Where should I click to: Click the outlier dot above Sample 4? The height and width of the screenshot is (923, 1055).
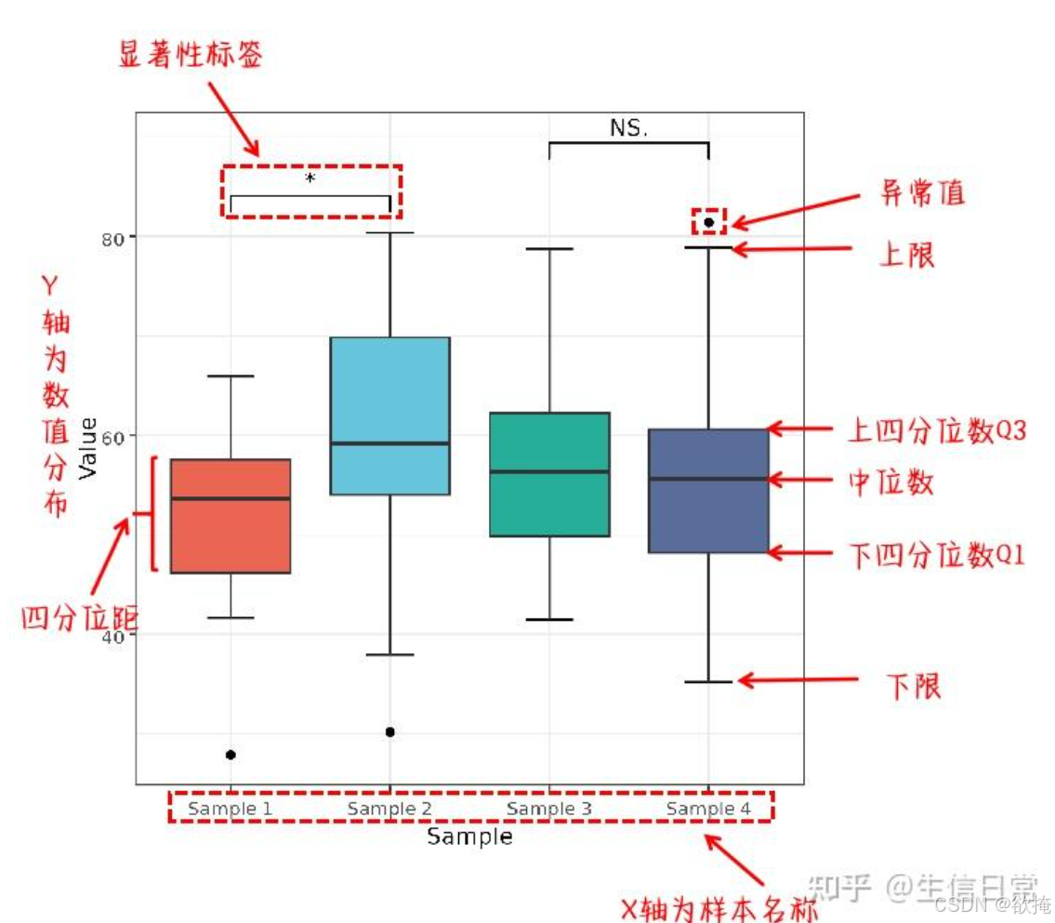[x=708, y=222]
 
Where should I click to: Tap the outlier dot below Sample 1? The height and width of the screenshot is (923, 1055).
[x=231, y=755]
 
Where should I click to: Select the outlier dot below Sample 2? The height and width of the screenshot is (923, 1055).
[x=389, y=732]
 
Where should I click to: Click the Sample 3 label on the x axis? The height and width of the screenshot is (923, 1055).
[x=549, y=809]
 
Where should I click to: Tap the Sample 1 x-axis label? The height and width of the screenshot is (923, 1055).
[x=230, y=809]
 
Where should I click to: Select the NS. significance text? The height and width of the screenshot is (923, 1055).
[x=629, y=128]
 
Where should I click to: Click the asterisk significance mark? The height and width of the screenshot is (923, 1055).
[x=310, y=178]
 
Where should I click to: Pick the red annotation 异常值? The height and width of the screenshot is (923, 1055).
[x=923, y=193]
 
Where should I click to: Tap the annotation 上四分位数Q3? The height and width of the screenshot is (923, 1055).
[x=937, y=430]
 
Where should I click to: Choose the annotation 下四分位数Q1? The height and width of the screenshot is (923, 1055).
[x=937, y=556]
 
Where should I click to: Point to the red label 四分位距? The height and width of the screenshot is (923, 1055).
[x=80, y=616]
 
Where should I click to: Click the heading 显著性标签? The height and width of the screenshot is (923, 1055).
[x=191, y=55]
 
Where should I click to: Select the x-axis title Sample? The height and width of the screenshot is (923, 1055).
[x=469, y=837]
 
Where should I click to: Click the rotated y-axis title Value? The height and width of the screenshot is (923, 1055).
[x=89, y=449]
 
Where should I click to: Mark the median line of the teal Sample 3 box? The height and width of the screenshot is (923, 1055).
[x=549, y=471]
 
